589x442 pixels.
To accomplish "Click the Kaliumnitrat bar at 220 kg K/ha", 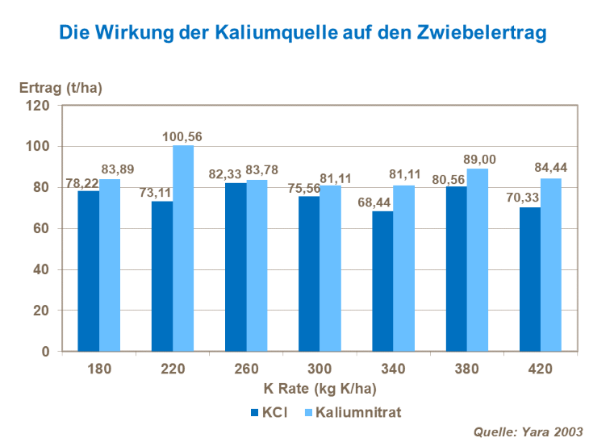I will point(183,248).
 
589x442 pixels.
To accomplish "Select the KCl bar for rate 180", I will point(89,271).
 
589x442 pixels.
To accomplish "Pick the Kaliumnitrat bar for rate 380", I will point(478,260).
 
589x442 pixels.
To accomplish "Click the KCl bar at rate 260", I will point(236,267).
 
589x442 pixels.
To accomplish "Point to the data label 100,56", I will point(182,137).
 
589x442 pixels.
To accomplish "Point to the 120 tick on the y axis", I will point(40,106).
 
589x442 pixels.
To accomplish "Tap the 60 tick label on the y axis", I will point(43,229).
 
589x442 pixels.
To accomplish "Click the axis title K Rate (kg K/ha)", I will point(320,388).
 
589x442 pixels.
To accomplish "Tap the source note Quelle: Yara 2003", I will point(527,432).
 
